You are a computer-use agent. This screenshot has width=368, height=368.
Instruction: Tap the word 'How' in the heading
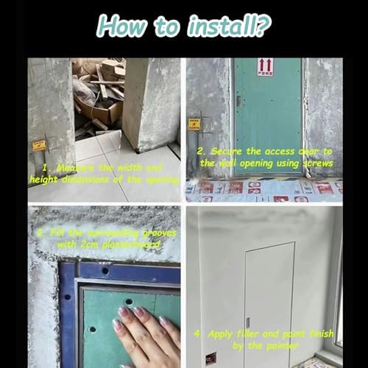[122, 27]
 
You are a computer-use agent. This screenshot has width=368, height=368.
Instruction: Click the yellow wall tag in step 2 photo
[195, 124]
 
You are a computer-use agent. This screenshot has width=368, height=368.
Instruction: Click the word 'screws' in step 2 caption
[316, 163]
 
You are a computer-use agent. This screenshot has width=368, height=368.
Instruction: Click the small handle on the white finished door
[248, 323]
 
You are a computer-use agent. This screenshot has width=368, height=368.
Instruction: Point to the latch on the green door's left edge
[238, 118]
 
